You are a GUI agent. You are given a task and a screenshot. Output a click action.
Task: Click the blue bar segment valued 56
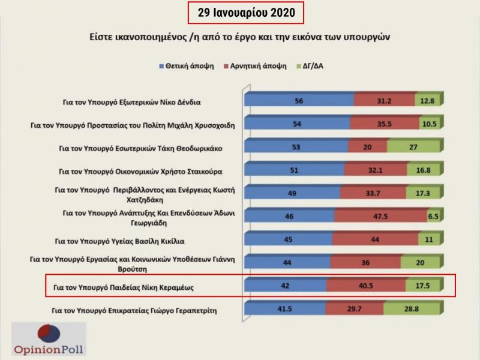point(298,101)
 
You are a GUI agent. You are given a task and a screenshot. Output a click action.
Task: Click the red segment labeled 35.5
point(385,124)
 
